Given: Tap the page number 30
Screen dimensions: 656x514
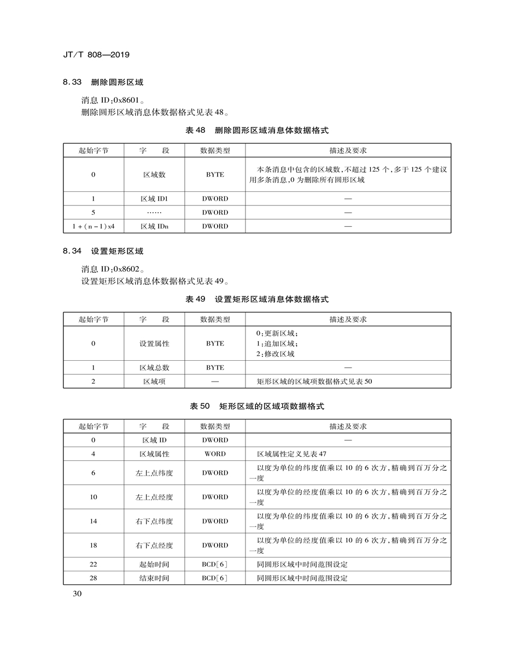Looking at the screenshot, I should tap(77, 594).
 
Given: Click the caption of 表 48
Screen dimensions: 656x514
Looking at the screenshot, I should tap(257, 131).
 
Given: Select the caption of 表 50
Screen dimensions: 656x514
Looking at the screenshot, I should tap(257, 407).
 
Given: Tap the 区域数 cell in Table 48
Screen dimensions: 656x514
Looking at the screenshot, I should tap(154, 174).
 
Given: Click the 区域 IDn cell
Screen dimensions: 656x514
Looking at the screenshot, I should tap(154, 226).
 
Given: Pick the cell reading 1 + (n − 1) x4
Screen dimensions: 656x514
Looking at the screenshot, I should tap(93, 226).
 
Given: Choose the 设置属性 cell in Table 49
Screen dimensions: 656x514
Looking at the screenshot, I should tap(154, 344).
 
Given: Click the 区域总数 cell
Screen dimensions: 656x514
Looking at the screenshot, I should tap(154, 368).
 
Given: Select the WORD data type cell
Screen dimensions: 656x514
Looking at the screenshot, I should tap(215, 454).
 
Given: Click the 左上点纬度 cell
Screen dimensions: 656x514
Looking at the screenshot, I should tap(154, 473).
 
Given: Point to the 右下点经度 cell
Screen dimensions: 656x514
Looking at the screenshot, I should tap(154, 545).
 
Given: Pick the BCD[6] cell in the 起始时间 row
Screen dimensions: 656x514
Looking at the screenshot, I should tap(215, 564).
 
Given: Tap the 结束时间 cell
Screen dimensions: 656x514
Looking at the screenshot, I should tap(154, 578).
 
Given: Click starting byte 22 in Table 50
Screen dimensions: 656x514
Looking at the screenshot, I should tap(93, 564).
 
